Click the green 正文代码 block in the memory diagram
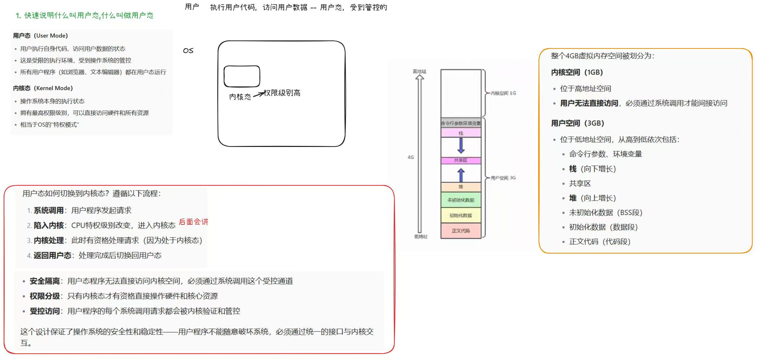(461, 231)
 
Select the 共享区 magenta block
(461, 161)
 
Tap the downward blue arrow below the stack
(461, 146)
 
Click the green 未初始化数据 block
(461, 200)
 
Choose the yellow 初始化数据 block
(461, 215)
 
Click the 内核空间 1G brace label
(503, 93)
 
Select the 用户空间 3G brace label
(503, 178)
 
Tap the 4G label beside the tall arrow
(411, 157)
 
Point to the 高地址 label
(419, 71)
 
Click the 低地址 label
(421, 236)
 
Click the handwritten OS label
(188, 50)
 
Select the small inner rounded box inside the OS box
(242, 76)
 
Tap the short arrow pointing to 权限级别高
(259, 95)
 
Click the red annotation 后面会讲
(193, 222)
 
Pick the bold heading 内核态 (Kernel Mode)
(43, 88)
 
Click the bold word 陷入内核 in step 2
(49, 226)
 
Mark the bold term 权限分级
(45, 296)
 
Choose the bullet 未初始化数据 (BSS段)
(605, 213)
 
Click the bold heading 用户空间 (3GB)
(577, 123)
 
